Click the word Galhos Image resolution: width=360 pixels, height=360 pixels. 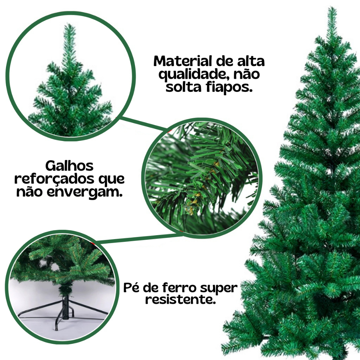69,166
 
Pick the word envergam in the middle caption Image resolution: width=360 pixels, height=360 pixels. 85,192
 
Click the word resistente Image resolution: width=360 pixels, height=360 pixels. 181,300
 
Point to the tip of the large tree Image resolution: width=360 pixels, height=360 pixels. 332,7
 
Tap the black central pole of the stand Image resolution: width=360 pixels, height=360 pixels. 65,308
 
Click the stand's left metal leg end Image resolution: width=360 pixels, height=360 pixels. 19,316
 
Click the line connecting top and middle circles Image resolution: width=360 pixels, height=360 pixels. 143,124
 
